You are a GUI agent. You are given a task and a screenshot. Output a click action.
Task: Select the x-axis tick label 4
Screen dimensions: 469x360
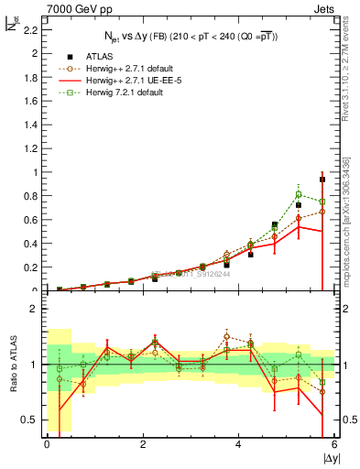click(238, 444)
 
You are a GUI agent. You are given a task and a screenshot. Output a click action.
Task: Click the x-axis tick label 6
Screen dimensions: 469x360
click(333, 444)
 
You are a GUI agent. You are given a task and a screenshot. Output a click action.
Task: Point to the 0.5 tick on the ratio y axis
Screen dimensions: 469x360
click(30, 420)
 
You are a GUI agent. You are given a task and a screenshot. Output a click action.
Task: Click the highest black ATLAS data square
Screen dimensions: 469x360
click(322, 180)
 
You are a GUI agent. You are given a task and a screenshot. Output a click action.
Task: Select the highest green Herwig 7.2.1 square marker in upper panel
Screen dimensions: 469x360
click(299, 194)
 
